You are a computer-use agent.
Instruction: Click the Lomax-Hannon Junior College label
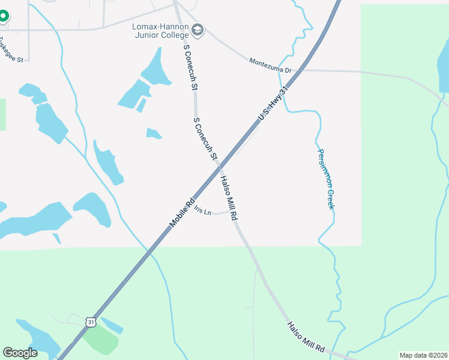[160, 31]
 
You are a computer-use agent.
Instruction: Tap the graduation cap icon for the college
[197, 30]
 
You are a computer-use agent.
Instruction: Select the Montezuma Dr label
[270, 65]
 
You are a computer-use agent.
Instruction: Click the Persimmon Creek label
[325, 179]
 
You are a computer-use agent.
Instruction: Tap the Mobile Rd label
[183, 212]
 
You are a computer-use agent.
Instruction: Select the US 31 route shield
[91, 322]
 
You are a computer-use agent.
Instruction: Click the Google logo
[20, 353]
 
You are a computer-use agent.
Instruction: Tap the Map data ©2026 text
[423, 355]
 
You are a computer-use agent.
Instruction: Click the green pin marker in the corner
[4, 16]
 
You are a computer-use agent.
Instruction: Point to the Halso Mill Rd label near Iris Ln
[229, 197]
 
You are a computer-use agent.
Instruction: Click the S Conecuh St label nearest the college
[190, 67]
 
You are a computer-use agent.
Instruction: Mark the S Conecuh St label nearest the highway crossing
[205, 139]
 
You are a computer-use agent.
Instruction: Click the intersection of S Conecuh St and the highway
[219, 166]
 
